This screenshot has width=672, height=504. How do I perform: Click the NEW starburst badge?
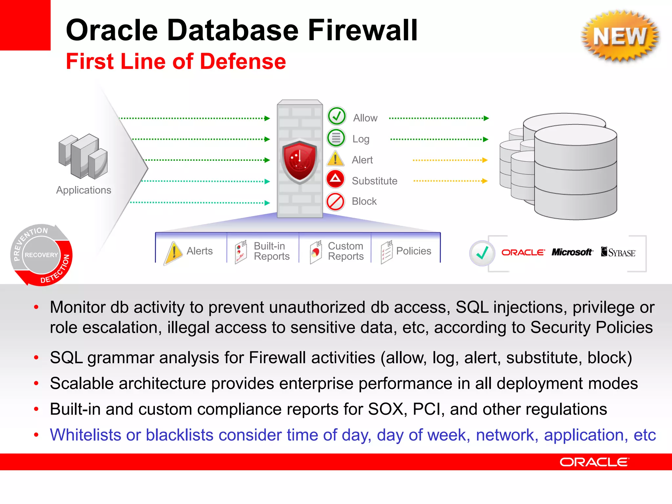[x=620, y=36]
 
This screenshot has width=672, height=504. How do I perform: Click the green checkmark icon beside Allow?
[x=336, y=116]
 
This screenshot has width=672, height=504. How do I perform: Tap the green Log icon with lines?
[x=336, y=138]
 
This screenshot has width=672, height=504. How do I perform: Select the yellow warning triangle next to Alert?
[x=335, y=159]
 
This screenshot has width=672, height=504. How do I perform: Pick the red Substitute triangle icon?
[x=335, y=179]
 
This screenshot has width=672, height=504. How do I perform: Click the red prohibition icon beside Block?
[x=335, y=201]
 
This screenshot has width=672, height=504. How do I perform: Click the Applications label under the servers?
[x=84, y=190]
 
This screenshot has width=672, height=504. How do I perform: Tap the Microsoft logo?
[x=572, y=252]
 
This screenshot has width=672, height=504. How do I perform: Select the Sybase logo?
[x=618, y=252]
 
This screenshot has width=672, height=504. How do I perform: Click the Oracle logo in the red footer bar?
[x=594, y=462]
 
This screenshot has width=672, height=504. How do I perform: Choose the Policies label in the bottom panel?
[x=413, y=251]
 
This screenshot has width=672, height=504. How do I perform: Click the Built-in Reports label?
[x=271, y=251]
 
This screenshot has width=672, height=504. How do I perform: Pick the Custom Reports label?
[x=346, y=251]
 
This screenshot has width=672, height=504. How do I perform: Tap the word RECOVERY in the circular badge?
[x=41, y=255]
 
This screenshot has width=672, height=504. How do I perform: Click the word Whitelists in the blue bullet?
[x=85, y=435]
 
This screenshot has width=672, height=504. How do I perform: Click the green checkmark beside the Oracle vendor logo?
[x=482, y=253]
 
